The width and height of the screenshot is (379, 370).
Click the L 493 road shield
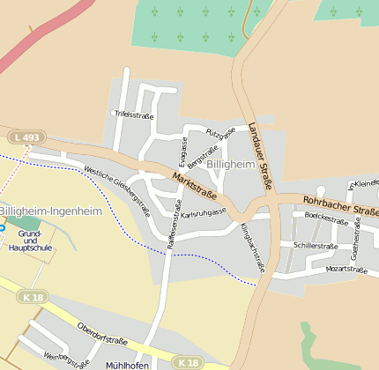coord(27,137)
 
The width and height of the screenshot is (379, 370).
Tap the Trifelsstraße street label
coord(134,115)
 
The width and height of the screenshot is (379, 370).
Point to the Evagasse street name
coord(182,152)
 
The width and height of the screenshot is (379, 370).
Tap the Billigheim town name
coord(233,165)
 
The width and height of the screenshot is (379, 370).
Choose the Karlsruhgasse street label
coord(204,213)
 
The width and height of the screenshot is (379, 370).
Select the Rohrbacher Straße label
coord(340,205)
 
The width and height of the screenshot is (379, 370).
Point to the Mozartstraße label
coord(346,269)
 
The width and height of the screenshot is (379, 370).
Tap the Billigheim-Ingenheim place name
coord(51,211)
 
